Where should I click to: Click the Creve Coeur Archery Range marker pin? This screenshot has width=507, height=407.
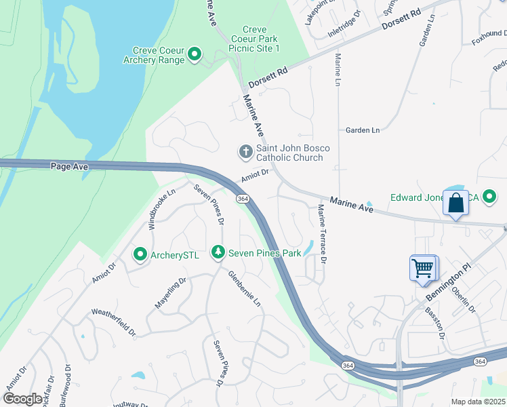tap(195, 54)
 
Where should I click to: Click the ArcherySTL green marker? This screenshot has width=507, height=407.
tap(140, 254)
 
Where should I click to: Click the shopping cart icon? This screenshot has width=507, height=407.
tap(424, 268)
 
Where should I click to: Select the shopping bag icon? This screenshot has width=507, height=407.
tap(455, 203)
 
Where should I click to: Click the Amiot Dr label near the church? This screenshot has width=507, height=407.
tap(255, 175)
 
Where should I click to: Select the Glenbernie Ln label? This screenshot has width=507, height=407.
tap(245, 288)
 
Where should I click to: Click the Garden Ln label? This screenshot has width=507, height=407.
tap(363, 130)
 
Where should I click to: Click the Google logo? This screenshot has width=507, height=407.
tap(23, 399)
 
